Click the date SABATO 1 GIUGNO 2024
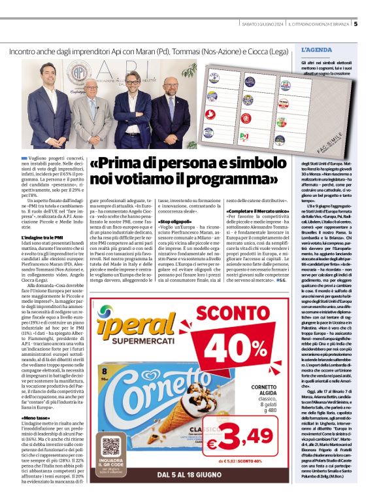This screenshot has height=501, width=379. coord(259,24)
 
